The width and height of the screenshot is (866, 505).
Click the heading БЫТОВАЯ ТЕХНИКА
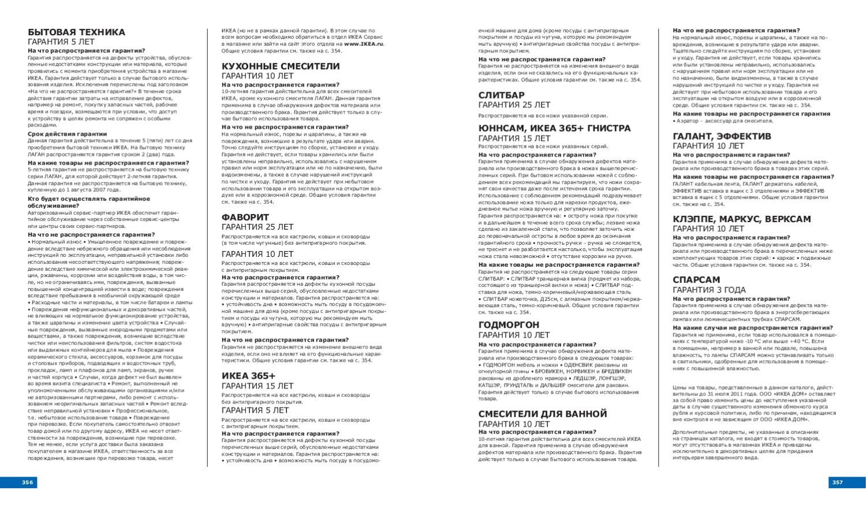(x=76, y=32)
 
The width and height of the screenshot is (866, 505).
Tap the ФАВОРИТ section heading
(x=245, y=218)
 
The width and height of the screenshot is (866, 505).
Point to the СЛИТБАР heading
(x=501, y=95)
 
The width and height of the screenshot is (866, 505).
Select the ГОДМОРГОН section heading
(x=509, y=325)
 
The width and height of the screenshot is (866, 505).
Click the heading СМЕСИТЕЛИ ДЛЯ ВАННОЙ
(x=543, y=414)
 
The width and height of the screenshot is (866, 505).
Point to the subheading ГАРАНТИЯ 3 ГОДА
(x=708, y=290)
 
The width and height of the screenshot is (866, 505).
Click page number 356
(x=28, y=482)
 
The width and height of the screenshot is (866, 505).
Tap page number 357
(x=837, y=482)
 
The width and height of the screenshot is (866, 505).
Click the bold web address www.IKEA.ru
(x=364, y=44)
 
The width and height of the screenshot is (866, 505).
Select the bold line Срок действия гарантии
(x=67, y=134)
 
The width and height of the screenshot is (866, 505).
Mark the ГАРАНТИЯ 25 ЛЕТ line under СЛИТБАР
(x=514, y=105)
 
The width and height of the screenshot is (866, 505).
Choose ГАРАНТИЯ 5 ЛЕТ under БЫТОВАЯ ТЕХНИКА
(x=61, y=42)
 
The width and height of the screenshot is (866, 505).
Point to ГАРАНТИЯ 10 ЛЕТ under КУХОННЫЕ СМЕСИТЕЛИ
(x=257, y=76)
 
